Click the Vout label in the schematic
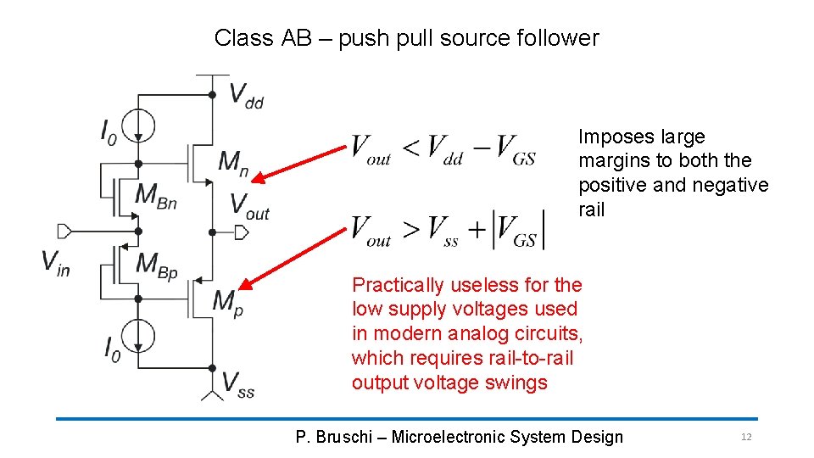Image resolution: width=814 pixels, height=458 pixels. (249, 206)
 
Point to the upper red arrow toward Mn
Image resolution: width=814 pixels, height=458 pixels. (301, 162)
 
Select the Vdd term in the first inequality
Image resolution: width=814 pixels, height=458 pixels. (444, 149)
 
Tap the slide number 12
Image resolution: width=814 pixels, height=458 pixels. (746, 437)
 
